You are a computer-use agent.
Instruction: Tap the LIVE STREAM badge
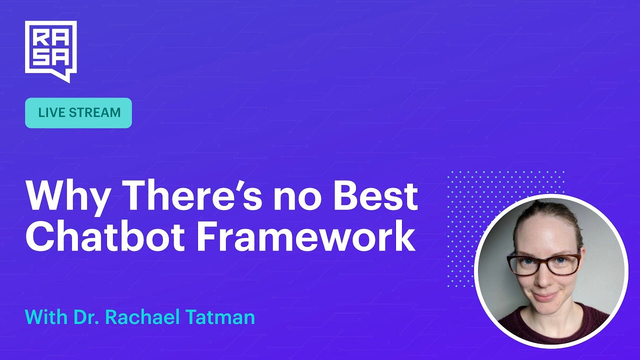coord(78,113)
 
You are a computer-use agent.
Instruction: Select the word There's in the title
coord(193,195)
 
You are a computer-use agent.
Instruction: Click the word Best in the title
coord(376,195)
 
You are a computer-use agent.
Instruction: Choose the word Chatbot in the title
coord(104,235)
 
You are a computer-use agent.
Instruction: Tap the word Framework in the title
coord(306,235)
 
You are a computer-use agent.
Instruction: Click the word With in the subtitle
coord(46,316)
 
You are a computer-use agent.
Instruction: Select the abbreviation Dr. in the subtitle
coord(86,316)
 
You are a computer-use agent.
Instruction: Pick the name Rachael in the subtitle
coord(142,316)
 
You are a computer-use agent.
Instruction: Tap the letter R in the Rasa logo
coord(40,38)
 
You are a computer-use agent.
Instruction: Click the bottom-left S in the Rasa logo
coord(40,58)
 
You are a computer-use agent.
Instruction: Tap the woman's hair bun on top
coord(543,204)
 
